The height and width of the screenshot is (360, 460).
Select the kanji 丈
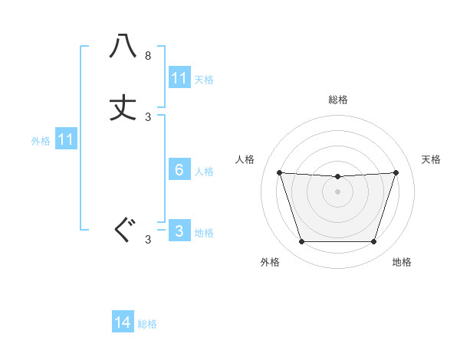pos(123,108)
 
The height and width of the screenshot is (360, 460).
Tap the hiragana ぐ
pos(123,231)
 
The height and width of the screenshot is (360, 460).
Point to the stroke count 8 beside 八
pos(148,56)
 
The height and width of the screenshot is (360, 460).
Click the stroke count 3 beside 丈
pos(148,117)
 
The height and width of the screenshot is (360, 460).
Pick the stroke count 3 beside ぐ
pos(148,240)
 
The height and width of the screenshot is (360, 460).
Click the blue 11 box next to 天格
pos(179,78)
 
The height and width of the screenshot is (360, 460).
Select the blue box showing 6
pos(179,170)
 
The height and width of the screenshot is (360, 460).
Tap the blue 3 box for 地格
pos(179,231)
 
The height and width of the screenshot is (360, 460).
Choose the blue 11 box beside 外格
pos(66,140)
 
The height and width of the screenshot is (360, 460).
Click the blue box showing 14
pos(123,322)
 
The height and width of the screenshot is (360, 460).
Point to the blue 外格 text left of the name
pos(41,141)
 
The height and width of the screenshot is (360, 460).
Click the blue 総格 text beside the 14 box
pos(147,324)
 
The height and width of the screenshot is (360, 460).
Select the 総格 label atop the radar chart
pos(337,100)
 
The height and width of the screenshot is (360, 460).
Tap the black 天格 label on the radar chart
pos(431,159)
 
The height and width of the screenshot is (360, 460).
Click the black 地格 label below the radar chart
pos(402,262)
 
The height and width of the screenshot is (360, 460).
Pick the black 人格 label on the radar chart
pos(245,159)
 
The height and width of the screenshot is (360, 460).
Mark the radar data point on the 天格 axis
pos(396,172)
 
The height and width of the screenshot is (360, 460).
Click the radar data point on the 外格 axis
pos(301,242)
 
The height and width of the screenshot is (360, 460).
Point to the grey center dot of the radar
pos(337,191)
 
